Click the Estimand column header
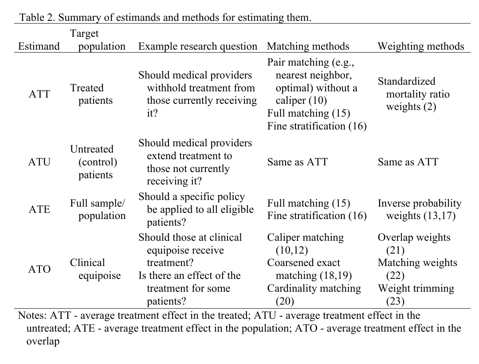coord(39,47)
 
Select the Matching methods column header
coord(308,47)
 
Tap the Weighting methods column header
coord(421,47)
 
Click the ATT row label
coord(39,94)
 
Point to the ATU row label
coord(39,162)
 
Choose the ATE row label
coord(39,209)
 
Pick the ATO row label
coord(39,269)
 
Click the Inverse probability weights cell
coord(419,209)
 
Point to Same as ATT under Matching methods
coord(297,162)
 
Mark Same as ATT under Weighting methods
coord(408,162)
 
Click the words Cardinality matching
coord(314,289)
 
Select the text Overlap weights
coord(414,238)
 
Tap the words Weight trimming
coord(416,289)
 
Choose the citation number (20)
coord(285,302)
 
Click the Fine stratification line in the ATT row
coord(317,126)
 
